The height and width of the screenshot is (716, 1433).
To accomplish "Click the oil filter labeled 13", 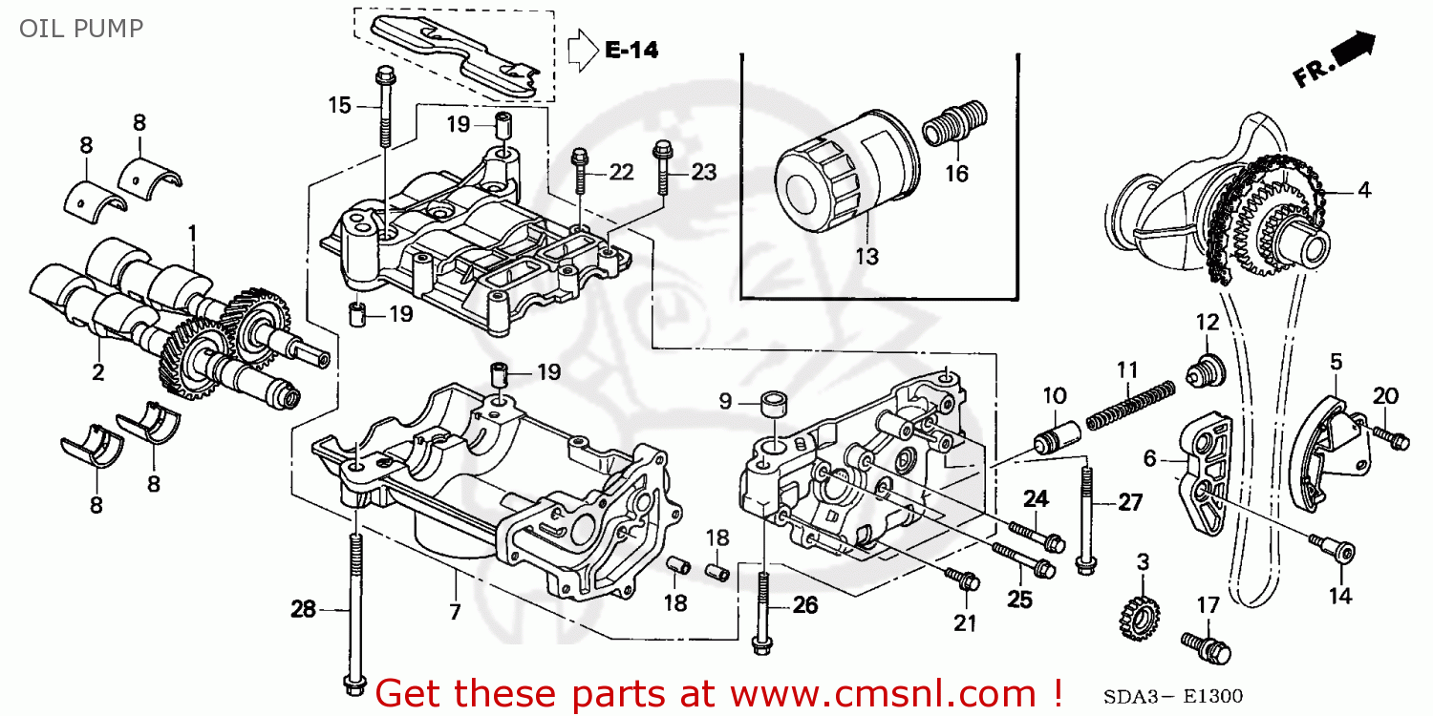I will [x=841, y=167].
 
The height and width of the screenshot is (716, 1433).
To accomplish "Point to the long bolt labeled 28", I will [x=354, y=611].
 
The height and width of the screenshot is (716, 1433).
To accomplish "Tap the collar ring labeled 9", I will [x=775, y=402].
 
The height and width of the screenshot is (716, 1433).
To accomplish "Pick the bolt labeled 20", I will [x=1391, y=437].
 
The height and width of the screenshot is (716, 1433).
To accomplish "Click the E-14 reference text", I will [x=631, y=51].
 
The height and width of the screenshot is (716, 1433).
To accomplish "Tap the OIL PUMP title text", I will [x=80, y=29].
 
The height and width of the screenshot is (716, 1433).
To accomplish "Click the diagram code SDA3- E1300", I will [x=1174, y=696].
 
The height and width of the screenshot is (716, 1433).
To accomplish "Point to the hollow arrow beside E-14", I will [x=581, y=51].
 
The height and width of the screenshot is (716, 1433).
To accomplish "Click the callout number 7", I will [x=456, y=610].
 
